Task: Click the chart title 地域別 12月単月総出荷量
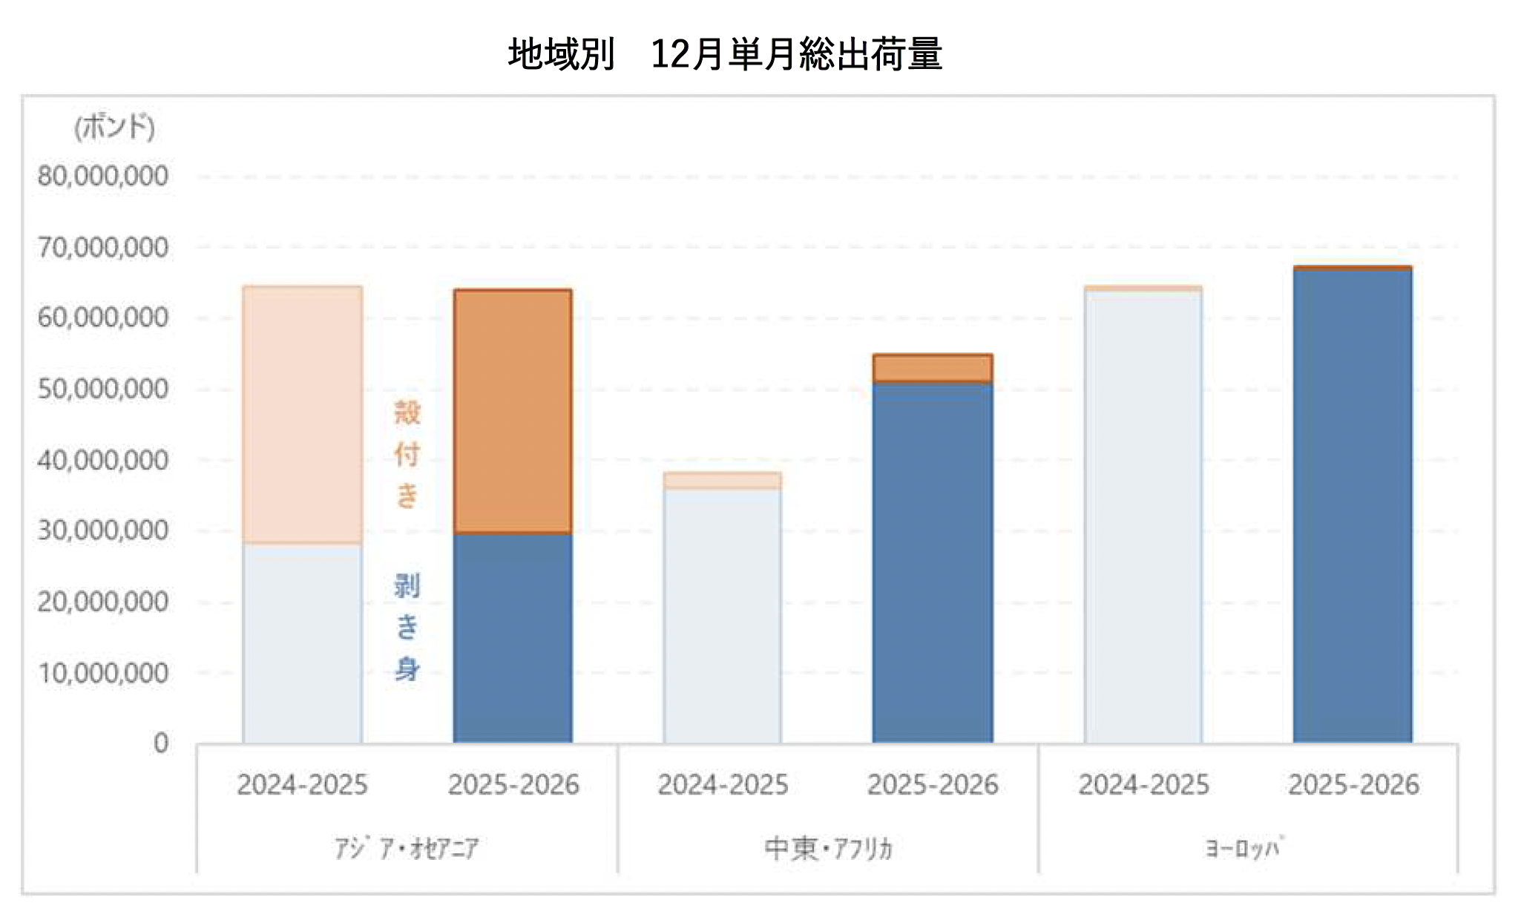pyautogui.click(x=725, y=54)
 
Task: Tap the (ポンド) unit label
pyautogui.click(x=114, y=127)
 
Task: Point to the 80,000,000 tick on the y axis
pyautogui.click(x=103, y=177)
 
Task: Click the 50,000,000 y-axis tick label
pyautogui.click(x=103, y=389)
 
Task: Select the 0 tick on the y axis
pyautogui.click(x=161, y=743)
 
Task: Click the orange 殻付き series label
pyautogui.click(x=407, y=454)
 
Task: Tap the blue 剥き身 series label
pyautogui.click(x=407, y=628)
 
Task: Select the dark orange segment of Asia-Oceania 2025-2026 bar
pyautogui.click(x=513, y=412)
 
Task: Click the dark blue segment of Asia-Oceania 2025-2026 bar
pyautogui.click(x=513, y=638)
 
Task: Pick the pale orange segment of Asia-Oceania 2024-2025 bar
pyautogui.click(x=303, y=415)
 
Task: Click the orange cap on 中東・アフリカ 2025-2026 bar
pyautogui.click(x=933, y=368)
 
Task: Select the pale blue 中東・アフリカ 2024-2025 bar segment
pyautogui.click(x=723, y=616)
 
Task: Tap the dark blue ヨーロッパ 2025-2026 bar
pyautogui.click(x=1353, y=504)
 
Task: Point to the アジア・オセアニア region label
pyautogui.click(x=407, y=848)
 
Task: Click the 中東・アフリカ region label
pyautogui.click(x=828, y=848)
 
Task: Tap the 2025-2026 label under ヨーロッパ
pyautogui.click(x=1353, y=785)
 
